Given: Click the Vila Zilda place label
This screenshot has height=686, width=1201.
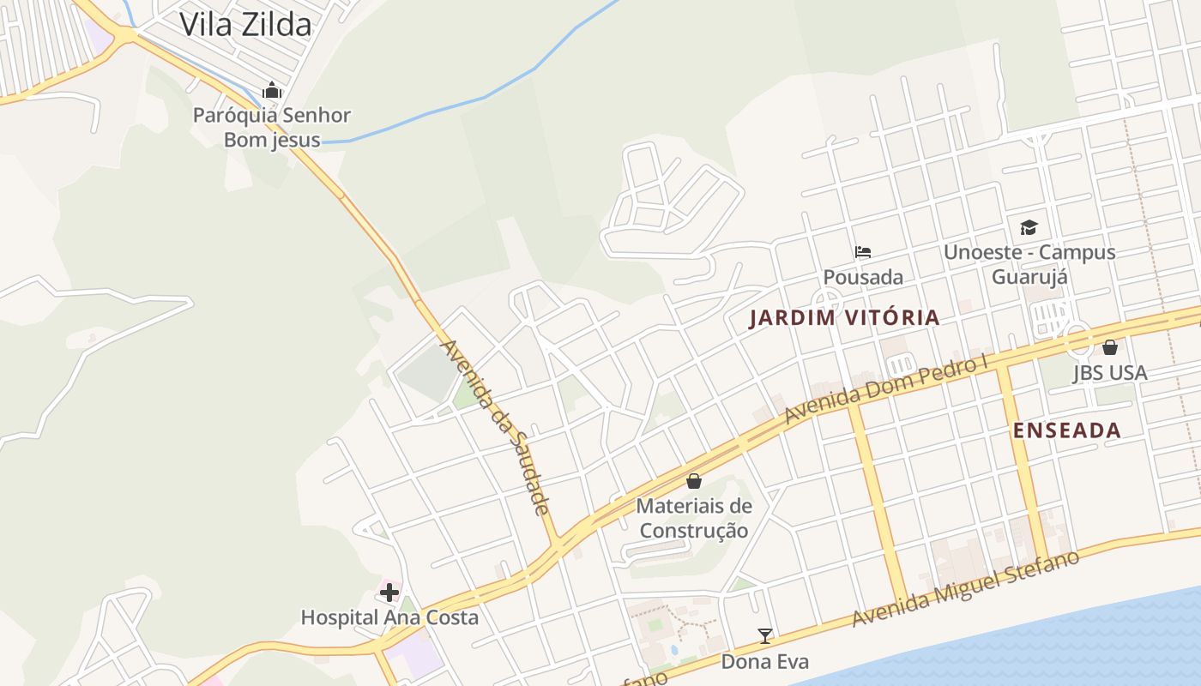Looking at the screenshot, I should point(244,24).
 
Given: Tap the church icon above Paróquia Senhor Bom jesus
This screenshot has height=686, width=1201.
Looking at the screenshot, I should point(272,90).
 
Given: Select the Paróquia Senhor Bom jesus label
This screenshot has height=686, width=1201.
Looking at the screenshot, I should point(272,127).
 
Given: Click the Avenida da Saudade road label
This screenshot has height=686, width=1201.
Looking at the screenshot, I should point(494,426).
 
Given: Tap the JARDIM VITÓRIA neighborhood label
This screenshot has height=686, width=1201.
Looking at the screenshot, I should point(844,318).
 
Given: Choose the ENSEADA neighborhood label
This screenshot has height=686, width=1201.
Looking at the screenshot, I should point(1067,430).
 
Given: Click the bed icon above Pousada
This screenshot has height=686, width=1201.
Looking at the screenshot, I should point(863,252).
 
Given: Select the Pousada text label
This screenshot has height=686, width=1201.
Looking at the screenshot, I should point(863,277).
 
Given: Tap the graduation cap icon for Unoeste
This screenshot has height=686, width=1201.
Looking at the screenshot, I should point(1029,227).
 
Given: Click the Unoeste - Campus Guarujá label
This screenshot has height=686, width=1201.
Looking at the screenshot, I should point(1029,264).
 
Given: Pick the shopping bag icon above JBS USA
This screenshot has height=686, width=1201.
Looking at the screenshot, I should point(1110,347).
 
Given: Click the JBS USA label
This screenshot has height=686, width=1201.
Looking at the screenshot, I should point(1110,373).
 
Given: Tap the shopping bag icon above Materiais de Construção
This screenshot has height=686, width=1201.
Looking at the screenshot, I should point(694,481).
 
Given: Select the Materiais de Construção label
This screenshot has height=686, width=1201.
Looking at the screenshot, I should point(694,518).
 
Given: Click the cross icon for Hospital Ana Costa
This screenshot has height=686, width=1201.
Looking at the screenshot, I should point(389,592).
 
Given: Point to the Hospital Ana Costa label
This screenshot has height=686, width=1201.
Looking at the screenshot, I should point(389,617).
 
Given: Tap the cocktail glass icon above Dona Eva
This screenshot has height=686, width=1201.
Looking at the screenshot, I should point(764,636).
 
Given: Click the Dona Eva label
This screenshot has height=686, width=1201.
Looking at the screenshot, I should point(764,661).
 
